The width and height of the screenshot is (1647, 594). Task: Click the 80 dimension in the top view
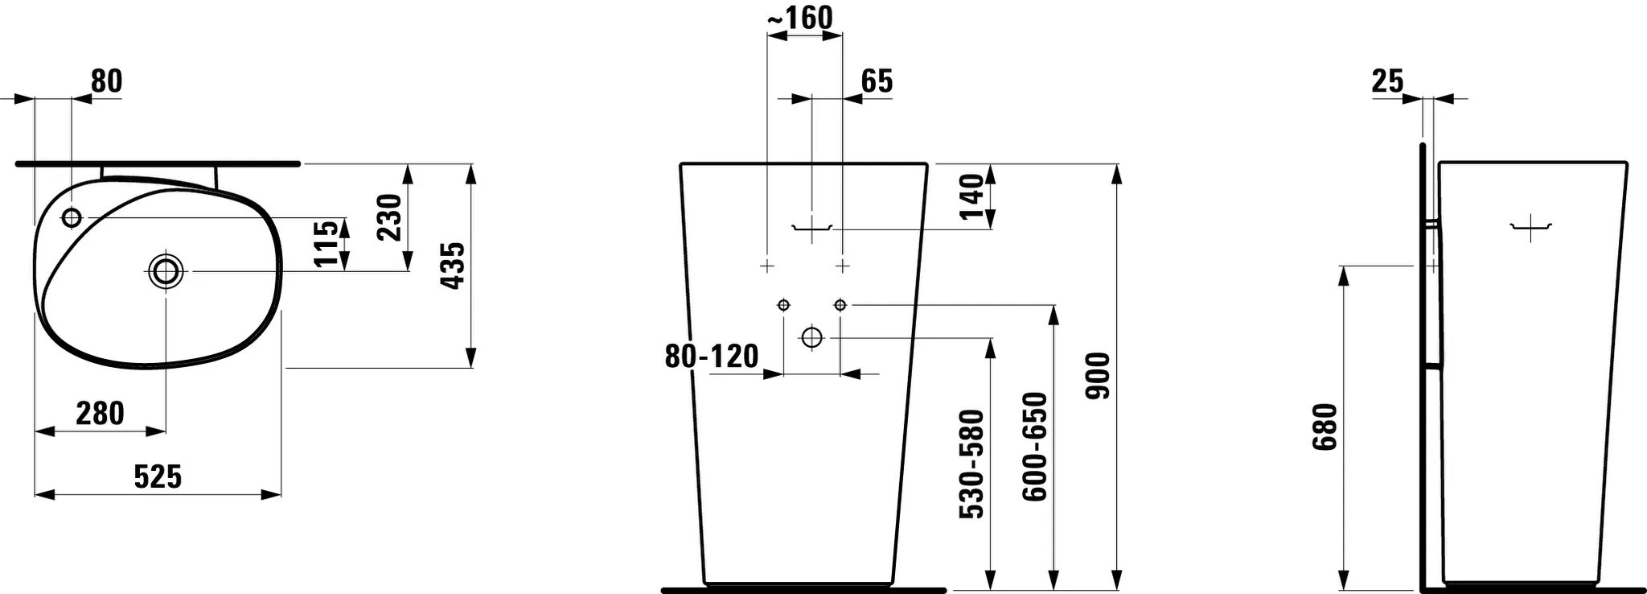tap(105, 81)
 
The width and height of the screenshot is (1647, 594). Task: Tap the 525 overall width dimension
tap(158, 477)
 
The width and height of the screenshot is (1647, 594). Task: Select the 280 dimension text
tap(100, 414)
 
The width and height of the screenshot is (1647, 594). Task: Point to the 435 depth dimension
tap(453, 266)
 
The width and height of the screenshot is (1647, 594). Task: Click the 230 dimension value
tap(389, 217)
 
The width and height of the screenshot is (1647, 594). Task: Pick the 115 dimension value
tap(326, 244)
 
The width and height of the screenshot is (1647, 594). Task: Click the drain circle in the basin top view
tap(166, 271)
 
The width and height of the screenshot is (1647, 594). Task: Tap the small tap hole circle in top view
tap(72, 217)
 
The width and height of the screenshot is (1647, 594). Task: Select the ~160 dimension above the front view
tap(800, 17)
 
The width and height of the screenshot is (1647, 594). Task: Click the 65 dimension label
tap(877, 81)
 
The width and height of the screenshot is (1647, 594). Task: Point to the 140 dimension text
tap(971, 196)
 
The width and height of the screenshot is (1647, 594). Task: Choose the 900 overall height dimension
tap(1098, 376)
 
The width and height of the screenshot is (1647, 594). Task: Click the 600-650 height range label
tap(1035, 447)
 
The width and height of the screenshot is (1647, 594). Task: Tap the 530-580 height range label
tap(972, 464)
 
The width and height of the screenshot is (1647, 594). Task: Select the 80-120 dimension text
tap(712, 356)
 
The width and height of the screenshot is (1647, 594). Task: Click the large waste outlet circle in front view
tap(812, 337)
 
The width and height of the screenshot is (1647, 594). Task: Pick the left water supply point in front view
tap(783, 305)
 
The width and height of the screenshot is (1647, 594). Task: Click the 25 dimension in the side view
tap(1387, 81)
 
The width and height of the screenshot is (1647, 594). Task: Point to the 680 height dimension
tap(1325, 427)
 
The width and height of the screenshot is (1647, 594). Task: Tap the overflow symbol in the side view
tap(1530, 229)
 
